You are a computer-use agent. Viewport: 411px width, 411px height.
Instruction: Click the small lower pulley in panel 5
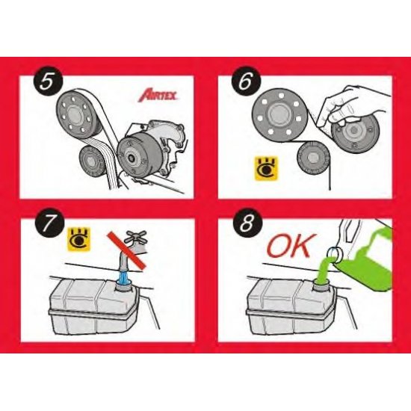tap(94, 159)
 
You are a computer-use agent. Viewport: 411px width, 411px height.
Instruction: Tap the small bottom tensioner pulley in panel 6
tap(314, 159)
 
